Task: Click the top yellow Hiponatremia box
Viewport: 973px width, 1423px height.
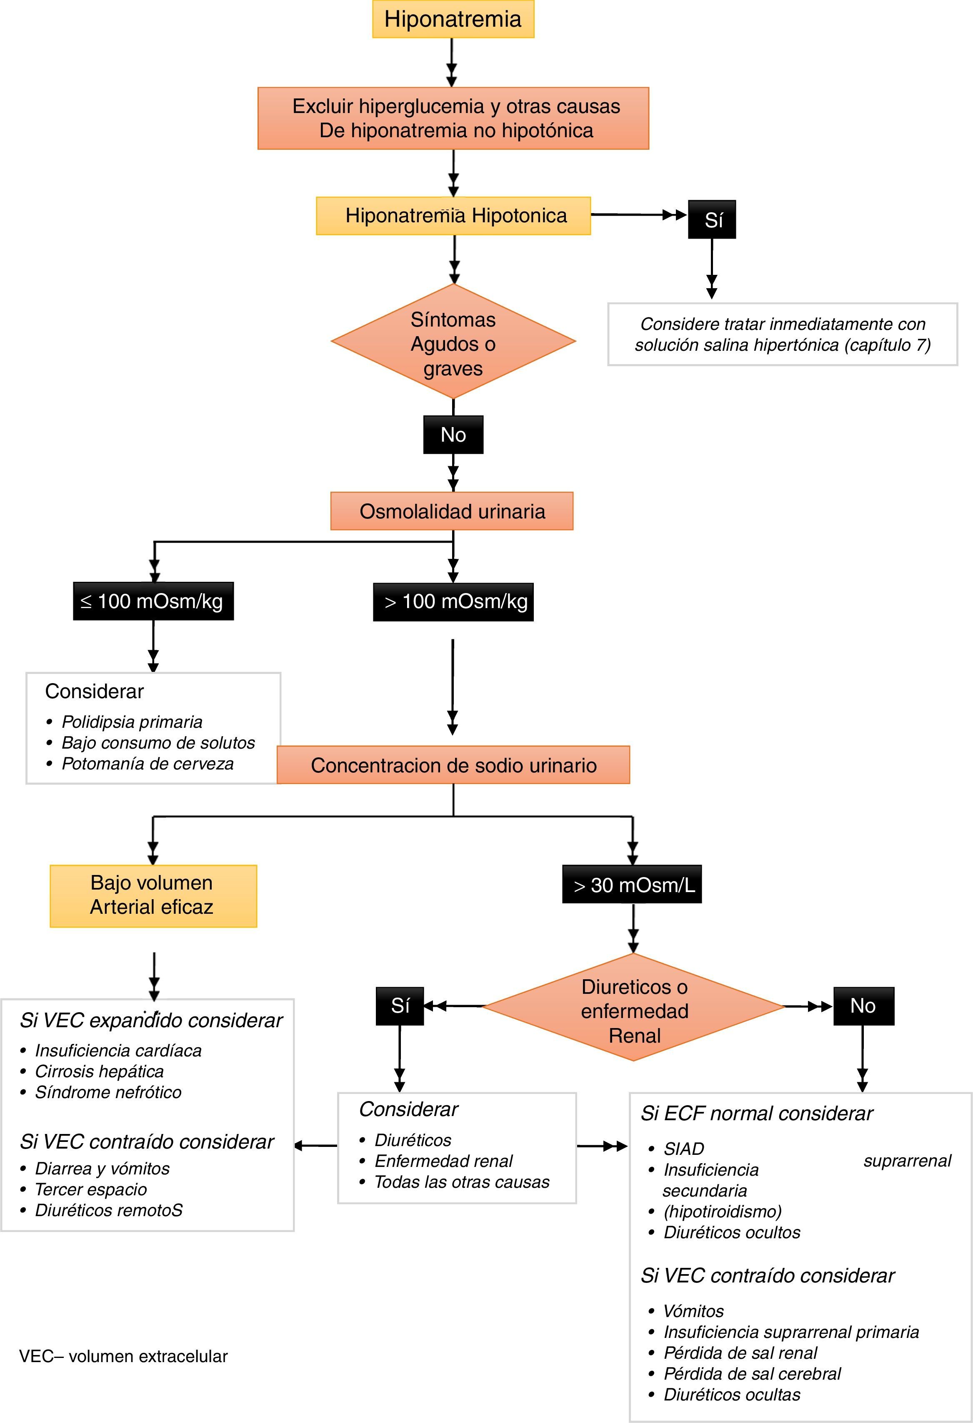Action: click(453, 20)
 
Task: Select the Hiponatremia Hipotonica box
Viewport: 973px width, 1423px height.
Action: click(453, 216)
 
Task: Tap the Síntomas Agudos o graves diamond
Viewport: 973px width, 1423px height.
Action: click(453, 343)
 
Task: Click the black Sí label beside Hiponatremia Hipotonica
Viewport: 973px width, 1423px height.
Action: click(712, 219)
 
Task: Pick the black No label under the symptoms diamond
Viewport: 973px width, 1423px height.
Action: click(453, 435)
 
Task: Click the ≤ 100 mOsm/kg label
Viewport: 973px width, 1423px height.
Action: click(153, 601)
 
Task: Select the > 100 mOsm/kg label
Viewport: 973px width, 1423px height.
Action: click(453, 602)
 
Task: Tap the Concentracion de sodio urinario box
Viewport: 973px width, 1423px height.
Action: click(453, 765)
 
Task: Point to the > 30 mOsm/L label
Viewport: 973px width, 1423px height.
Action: click(632, 884)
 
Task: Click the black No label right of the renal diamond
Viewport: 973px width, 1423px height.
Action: click(863, 1006)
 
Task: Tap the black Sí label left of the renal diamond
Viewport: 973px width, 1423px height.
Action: click(400, 1006)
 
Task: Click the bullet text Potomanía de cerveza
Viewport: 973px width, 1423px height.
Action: click(148, 764)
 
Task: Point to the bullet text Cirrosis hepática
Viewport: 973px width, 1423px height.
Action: click(99, 1071)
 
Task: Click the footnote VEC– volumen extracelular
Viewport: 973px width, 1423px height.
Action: click(123, 1356)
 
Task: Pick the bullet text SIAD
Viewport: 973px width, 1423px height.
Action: click(683, 1149)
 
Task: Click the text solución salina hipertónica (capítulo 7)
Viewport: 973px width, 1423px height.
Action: click(782, 345)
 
